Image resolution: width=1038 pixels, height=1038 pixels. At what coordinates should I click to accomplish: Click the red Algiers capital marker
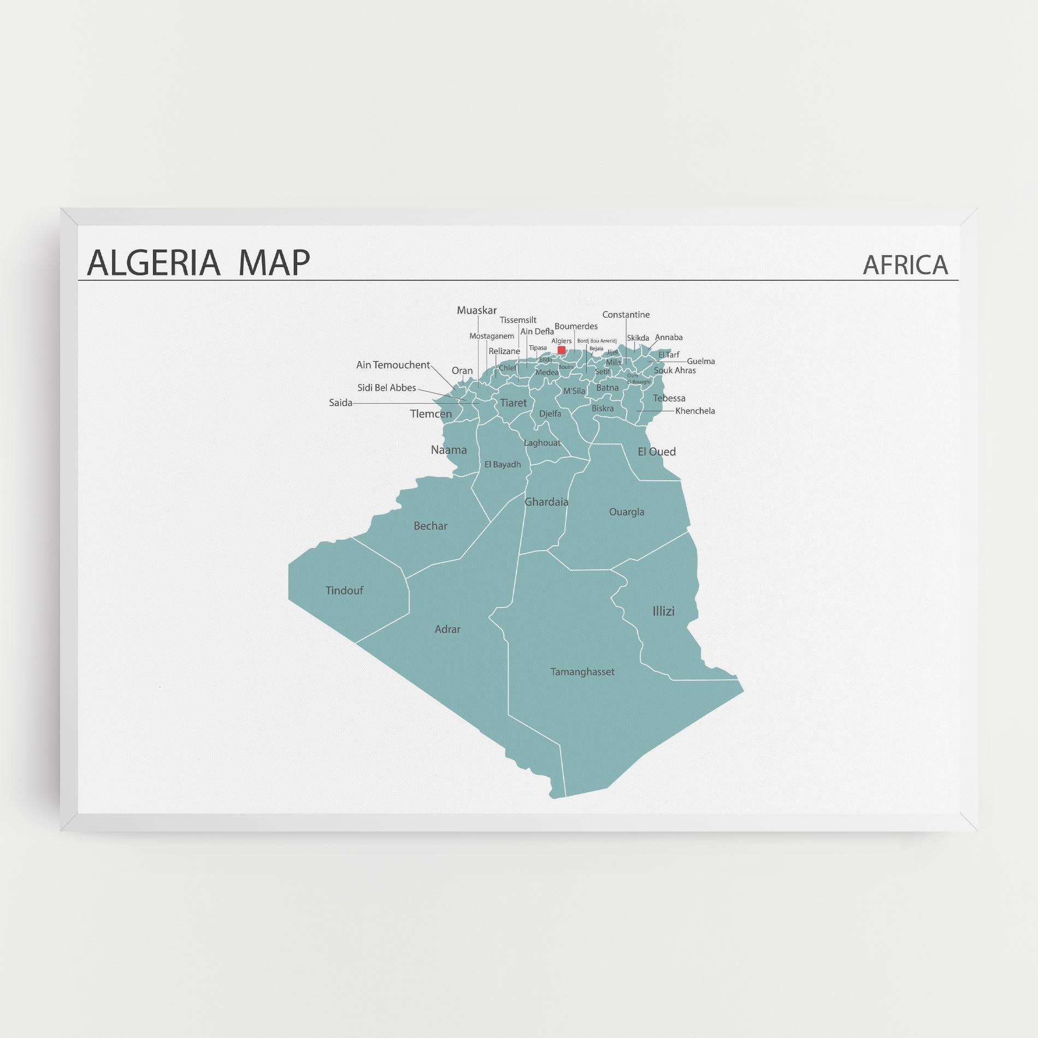[561, 350]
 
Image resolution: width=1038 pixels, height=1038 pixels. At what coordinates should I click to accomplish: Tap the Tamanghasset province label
[582, 672]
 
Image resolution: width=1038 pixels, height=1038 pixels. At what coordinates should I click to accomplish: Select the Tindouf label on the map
[344, 591]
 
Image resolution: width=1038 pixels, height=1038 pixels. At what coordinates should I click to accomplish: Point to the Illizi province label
[663, 611]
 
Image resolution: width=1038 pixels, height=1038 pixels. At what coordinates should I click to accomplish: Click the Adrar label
[447, 629]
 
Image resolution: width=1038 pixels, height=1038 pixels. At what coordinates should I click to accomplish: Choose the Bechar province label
[430, 526]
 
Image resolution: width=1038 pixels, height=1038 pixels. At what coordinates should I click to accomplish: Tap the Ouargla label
[627, 512]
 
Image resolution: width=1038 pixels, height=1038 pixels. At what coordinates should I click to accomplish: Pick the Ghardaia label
[546, 502]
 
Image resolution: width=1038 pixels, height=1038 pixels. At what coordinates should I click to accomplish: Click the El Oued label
[657, 452]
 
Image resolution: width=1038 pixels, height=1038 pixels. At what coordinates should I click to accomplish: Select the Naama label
[449, 450]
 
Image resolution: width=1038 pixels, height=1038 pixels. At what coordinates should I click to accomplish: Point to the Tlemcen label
[431, 414]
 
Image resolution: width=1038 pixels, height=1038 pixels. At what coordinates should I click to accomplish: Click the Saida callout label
[340, 403]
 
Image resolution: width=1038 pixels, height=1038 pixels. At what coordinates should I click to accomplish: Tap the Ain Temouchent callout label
[393, 365]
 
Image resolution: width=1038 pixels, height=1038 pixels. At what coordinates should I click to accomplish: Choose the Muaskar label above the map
[477, 310]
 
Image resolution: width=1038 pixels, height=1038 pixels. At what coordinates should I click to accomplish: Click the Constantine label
[626, 315]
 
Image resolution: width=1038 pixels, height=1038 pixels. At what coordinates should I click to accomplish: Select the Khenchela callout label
[695, 411]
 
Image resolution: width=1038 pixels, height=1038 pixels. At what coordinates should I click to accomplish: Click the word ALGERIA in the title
[154, 262]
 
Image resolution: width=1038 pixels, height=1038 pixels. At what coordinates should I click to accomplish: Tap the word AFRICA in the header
[905, 265]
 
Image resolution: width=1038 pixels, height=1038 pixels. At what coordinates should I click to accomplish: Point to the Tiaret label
[514, 403]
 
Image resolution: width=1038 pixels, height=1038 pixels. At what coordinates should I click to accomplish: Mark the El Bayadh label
[503, 465]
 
